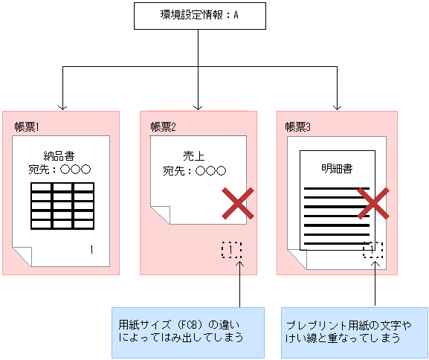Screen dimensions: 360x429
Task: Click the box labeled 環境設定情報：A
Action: click(x=199, y=16)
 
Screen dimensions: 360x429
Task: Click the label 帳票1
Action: click(x=27, y=126)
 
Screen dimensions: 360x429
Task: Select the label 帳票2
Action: click(x=163, y=126)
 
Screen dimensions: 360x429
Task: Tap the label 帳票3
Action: click(x=299, y=126)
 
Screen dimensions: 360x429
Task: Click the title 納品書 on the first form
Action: click(x=59, y=156)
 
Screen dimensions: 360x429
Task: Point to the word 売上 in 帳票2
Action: click(x=194, y=156)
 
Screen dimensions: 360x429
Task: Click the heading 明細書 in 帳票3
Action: click(x=337, y=168)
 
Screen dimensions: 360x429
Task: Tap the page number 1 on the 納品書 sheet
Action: click(x=91, y=249)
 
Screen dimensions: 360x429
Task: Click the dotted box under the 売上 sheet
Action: click(x=232, y=249)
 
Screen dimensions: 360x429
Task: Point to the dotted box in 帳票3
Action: click(x=372, y=250)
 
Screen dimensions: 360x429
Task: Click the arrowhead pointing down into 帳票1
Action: click(x=62, y=106)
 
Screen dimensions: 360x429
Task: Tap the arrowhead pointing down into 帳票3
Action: click(x=338, y=106)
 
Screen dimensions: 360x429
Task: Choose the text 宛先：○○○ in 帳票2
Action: click(x=194, y=170)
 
